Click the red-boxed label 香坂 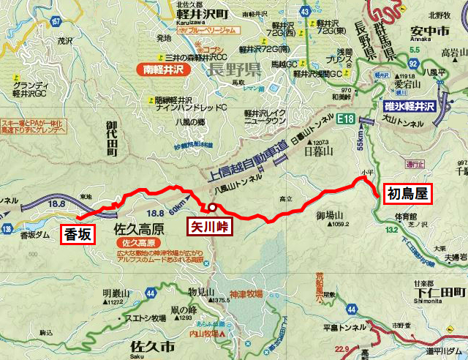79,233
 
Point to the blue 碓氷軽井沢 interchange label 409,107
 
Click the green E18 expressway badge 347,118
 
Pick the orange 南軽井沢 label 163,71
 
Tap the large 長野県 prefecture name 234,70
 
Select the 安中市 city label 430,32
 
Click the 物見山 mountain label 201,291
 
